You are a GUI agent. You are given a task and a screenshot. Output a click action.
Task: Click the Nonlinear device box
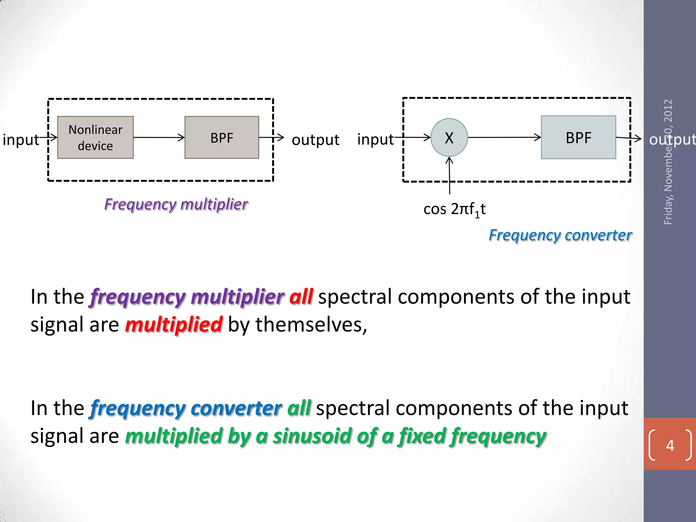tap(95, 137)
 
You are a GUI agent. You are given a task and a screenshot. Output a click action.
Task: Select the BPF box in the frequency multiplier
tap(222, 137)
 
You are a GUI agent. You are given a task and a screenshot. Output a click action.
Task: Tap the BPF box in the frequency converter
tap(578, 137)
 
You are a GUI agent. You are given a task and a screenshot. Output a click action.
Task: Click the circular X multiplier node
tap(449, 137)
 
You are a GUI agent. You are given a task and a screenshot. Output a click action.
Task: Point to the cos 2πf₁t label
tap(454, 209)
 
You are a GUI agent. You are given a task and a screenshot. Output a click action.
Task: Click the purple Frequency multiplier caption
tap(176, 204)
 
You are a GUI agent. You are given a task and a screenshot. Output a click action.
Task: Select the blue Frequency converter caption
tap(560, 235)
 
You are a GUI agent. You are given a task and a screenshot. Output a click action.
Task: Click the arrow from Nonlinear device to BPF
tap(159, 137)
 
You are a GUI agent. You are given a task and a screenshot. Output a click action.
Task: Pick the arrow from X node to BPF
tap(504, 137)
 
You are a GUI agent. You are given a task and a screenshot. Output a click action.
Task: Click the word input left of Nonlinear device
tap(20, 140)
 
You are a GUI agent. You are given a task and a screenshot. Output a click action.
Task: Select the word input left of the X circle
tap(375, 139)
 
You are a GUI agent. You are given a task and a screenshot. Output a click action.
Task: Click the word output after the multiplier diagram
tap(315, 140)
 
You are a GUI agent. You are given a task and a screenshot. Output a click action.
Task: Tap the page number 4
tap(670, 445)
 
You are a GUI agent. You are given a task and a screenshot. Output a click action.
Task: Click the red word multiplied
tap(174, 324)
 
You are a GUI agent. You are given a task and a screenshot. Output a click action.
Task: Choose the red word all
tap(301, 296)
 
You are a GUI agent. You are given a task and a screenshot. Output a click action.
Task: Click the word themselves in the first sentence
tap(311, 324)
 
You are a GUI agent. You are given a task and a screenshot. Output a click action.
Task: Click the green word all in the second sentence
tap(299, 408)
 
